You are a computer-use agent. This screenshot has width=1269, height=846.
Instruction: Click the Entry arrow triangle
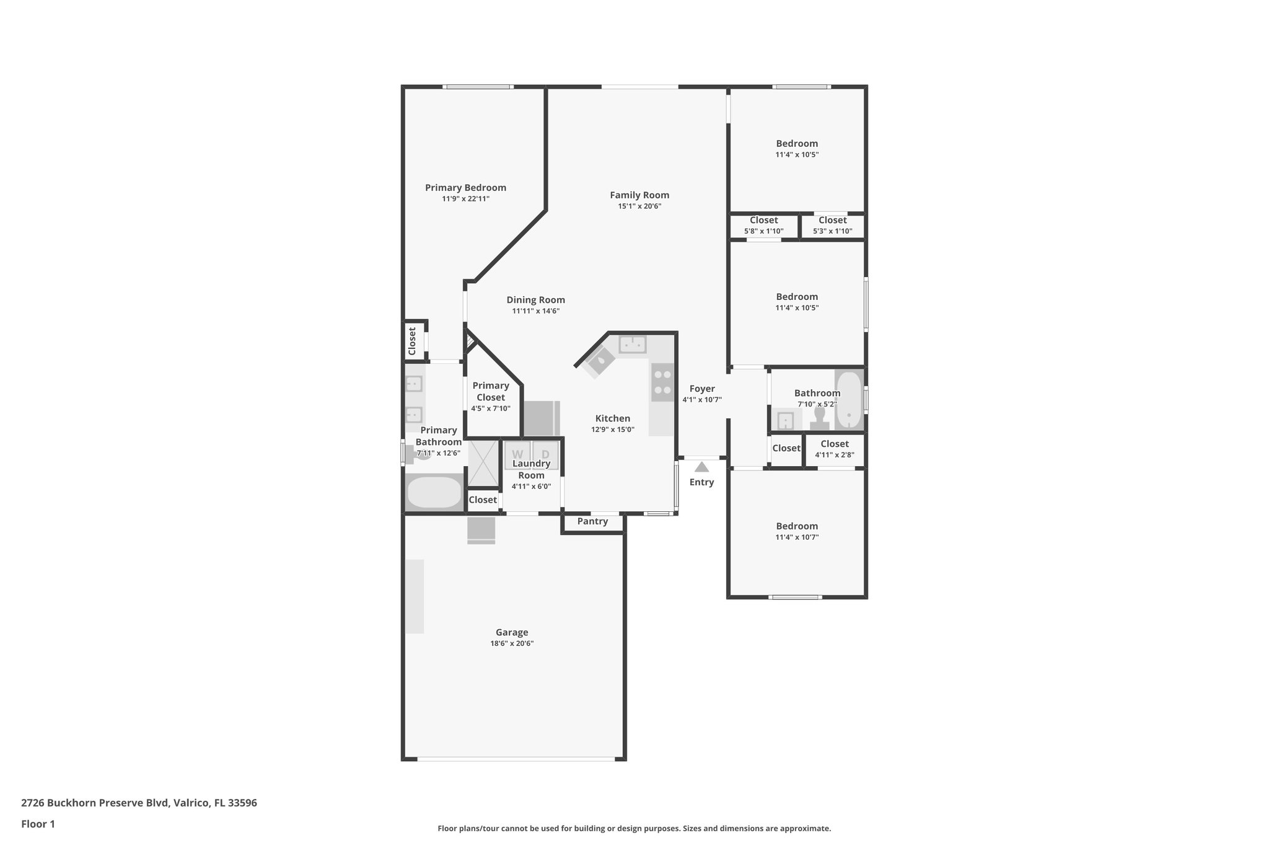[701, 467]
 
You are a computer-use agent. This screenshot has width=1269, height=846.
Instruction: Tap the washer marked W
[517, 454]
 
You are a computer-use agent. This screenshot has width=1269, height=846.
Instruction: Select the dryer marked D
[546, 454]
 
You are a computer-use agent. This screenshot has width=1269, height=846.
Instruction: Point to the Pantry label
[592, 521]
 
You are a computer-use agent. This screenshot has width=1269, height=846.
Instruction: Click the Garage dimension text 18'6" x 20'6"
[512, 643]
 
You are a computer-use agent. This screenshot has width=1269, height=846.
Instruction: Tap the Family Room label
[639, 195]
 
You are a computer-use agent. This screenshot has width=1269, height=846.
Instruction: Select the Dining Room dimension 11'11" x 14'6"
[535, 311]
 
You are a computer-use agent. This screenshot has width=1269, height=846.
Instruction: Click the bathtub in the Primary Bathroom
[434, 493]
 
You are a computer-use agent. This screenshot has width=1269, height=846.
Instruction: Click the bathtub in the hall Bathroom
[848, 400]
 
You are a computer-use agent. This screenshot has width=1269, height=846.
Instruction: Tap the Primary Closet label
[490, 391]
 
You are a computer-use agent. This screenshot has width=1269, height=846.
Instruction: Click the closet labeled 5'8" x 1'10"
[763, 226]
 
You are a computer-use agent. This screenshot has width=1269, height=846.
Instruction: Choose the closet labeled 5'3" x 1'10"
[832, 226]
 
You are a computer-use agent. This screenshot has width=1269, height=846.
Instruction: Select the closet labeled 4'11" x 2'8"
[834, 449]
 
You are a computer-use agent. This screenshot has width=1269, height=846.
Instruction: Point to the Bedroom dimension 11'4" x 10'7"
[797, 537]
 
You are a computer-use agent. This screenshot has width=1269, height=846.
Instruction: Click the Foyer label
[702, 389]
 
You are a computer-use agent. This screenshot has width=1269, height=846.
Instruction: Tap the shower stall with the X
[483, 463]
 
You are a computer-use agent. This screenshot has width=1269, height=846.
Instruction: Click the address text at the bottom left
[139, 803]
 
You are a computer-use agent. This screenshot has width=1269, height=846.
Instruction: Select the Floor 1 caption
[38, 824]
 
